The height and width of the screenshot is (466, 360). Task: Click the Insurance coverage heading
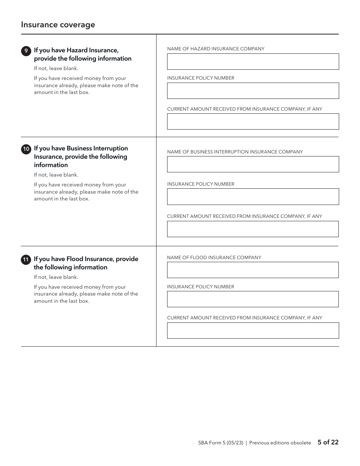click(58, 25)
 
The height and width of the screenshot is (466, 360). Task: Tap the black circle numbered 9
click(26, 51)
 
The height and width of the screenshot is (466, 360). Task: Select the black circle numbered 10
click(26, 149)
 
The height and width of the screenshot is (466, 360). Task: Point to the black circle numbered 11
click(26, 260)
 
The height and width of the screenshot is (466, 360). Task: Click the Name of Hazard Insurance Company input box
click(253, 61)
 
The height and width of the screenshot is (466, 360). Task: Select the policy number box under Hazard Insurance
click(253, 91)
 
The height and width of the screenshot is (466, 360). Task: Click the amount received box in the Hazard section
click(253, 122)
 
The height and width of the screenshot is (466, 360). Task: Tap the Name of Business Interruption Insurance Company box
click(253, 164)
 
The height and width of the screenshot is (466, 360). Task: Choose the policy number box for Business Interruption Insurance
click(253, 197)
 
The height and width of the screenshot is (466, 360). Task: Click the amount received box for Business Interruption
click(253, 229)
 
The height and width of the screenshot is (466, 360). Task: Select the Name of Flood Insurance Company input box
click(253, 270)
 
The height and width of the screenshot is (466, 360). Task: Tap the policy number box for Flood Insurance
click(253, 299)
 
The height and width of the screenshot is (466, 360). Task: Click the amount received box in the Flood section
click(253, 330)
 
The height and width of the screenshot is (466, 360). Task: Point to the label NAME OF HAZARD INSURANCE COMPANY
click(216, 49)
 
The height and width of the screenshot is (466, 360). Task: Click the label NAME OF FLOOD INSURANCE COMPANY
click(214, 258)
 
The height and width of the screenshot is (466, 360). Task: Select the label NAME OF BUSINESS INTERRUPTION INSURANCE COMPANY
click(235, 152)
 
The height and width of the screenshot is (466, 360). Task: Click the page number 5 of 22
click(328, 442)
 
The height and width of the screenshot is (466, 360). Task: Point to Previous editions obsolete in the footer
click(280, 443)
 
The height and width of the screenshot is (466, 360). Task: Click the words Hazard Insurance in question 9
click(92, 50)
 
